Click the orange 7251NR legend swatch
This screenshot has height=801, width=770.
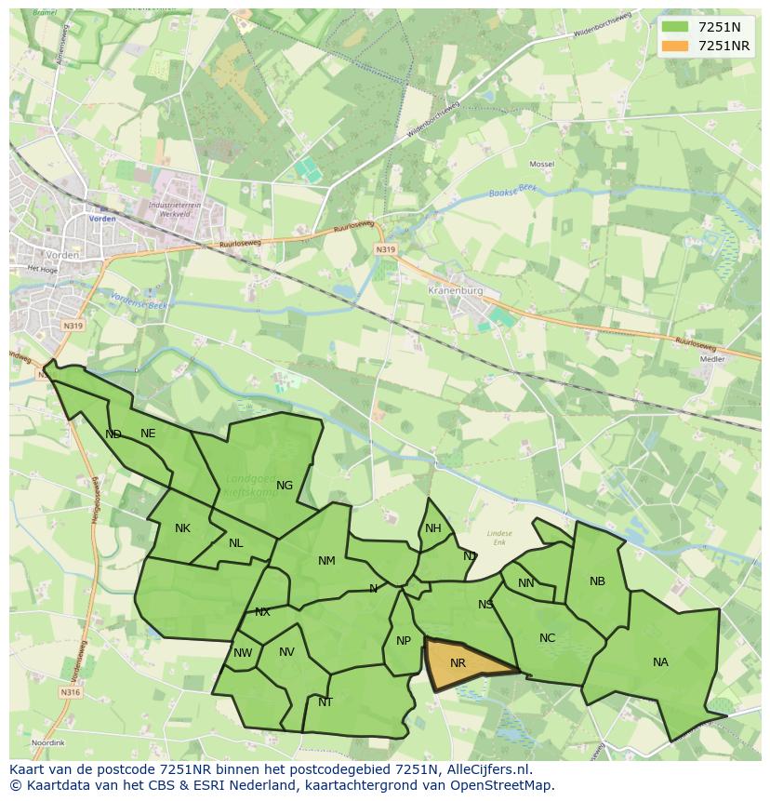[x=676, y=46]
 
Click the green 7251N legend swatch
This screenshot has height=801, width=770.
[x=676, y=27]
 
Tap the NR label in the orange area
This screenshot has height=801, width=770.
[x=458, y=663]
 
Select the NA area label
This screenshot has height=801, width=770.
[x=660, y=662]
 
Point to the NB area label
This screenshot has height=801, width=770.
[x=597, y=581]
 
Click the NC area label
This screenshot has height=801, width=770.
[x=547, y=638]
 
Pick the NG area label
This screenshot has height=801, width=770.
[x=285, y=485]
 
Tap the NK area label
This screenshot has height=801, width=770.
[x=182, y=528]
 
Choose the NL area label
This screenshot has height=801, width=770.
[x=236, y=543]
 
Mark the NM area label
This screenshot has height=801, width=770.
[x=326, y=560]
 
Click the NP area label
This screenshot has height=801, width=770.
[x=404, y=641]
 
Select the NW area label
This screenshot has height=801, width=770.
[x=243, y=653]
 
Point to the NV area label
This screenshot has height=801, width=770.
[x=286, y=652]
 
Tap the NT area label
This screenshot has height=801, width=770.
[x=325, y=702]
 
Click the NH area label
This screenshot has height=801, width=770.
[x=433, y=528]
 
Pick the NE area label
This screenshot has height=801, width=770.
[x=148, y=434]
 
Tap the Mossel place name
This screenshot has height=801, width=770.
[x=541, y=164]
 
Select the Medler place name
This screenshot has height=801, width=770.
[x=712, y=358]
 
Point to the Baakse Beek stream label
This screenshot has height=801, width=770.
[x=512, y=194]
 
